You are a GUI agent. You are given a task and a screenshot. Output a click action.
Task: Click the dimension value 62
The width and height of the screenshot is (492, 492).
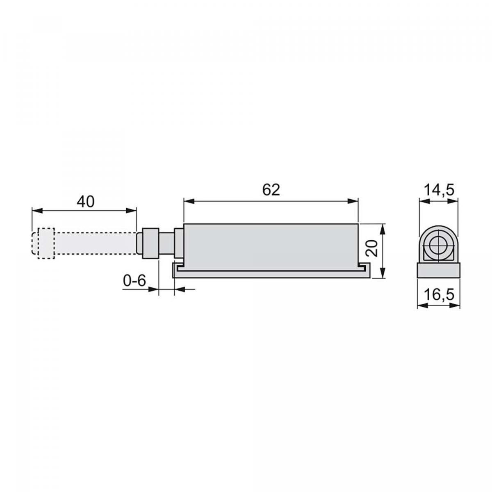(x=271, y=190)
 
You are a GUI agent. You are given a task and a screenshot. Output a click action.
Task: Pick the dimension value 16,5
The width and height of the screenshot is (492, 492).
(x=438, y=295)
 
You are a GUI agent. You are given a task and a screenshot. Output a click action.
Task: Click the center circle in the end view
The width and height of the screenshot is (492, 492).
(x=438, y=246)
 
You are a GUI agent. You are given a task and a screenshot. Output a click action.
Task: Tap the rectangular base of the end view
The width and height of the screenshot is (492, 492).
(x=438, y=271)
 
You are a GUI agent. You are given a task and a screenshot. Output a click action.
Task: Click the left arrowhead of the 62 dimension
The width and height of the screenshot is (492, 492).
(x=188, y=201)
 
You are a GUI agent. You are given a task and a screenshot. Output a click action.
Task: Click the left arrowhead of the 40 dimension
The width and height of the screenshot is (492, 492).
(x=36, y=210)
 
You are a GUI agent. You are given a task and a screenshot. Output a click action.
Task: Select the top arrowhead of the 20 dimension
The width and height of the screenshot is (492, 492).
(x=382, y=228)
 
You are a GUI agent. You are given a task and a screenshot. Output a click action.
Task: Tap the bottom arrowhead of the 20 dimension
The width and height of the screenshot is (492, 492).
(x=382, y=274)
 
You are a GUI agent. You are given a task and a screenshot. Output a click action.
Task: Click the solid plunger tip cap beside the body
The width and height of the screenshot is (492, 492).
(x=149, y=243)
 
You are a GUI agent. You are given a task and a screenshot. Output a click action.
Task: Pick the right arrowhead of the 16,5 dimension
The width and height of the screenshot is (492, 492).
(x=455, y=306)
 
